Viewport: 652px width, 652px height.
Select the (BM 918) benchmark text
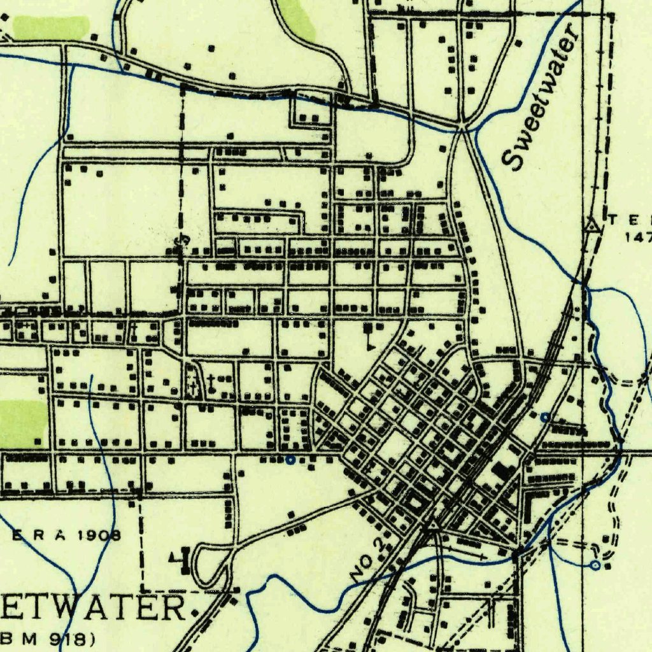pyautogui.click(x=51, y=637)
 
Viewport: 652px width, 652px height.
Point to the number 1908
pyautogui.click(x=99, y=535)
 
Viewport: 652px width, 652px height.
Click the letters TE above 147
pyautogui.click(x=630, y=220)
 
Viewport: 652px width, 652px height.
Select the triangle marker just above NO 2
pyautogui.click(x=432, y=526)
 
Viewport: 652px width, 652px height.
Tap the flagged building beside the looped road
pyautogui.click(x=179, y=558)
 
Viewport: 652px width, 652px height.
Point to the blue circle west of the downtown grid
pyautogui.click(x=290, y=459)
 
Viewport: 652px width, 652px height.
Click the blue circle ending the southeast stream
pyautogui.click(x=595, y=565)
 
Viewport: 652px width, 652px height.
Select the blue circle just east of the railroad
pyautogui.click(x=544, y=417)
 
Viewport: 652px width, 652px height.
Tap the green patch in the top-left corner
pyautogui.click(x=51, y=27)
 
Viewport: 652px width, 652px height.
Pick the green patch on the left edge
pyautogui.click(x=23, y=423)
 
